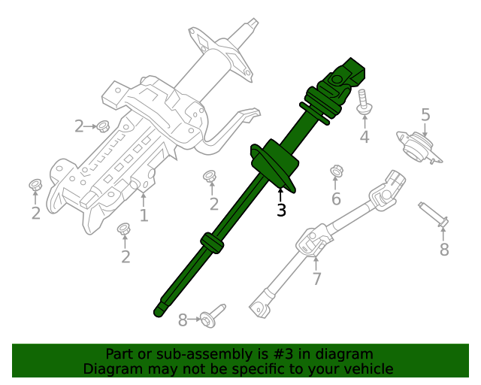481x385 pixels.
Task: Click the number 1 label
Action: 144,217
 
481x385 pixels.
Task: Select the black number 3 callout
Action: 281,211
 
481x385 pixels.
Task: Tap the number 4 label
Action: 365,137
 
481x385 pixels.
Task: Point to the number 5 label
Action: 425,115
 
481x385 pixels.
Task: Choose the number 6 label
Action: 336,199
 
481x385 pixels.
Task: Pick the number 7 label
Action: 316,279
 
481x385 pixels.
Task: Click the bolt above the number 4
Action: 364,102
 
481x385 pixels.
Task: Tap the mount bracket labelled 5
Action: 418,147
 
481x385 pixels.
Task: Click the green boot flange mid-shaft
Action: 275,163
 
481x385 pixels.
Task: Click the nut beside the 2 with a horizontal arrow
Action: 103,126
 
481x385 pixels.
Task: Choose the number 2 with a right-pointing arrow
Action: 79,126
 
